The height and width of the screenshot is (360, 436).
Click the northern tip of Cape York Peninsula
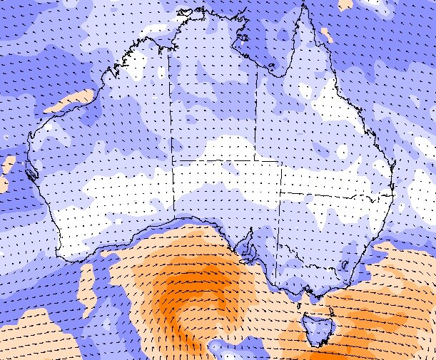point(305,6)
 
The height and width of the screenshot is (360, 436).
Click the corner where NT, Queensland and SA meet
point(255,161)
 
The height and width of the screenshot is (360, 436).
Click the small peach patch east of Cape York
point(326,34)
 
